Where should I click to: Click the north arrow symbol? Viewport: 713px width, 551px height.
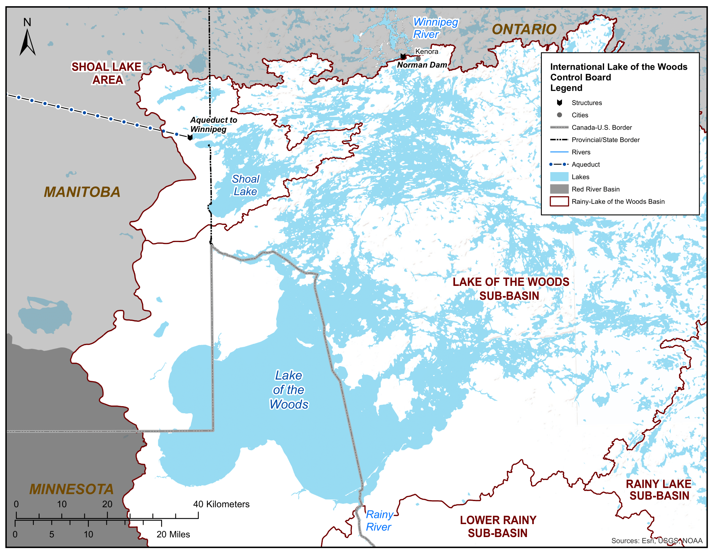click(28, 42)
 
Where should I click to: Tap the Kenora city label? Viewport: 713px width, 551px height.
click(427, 52)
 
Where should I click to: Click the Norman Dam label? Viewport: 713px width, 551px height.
click(422, 65)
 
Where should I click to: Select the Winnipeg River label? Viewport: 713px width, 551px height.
click(435, 28)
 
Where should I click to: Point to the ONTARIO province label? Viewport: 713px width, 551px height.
click(524, 29)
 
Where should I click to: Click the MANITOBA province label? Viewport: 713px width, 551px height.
click(82, 192)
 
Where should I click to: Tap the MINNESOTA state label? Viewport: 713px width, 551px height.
click(71, 489)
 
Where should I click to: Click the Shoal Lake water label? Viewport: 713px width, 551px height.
click(246, 185)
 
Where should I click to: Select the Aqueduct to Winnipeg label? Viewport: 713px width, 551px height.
click(213, 124)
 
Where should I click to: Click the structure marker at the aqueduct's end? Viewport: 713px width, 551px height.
click(190, 137)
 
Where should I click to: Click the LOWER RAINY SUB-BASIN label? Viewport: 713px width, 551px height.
click(497, 526)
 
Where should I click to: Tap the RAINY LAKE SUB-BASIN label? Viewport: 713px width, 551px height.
click(658, 490)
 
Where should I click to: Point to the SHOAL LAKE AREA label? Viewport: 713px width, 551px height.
click(106, 73)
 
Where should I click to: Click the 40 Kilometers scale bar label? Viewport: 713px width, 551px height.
click(221, 504)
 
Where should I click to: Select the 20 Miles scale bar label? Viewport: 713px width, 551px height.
click(173, 534)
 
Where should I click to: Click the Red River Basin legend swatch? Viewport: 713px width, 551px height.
click(559, 189)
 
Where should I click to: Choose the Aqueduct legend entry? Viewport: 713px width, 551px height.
click(585, 165)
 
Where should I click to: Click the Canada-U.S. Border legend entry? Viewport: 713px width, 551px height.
click(601, 127)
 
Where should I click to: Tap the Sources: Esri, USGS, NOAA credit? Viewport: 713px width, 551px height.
click(657, 541)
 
